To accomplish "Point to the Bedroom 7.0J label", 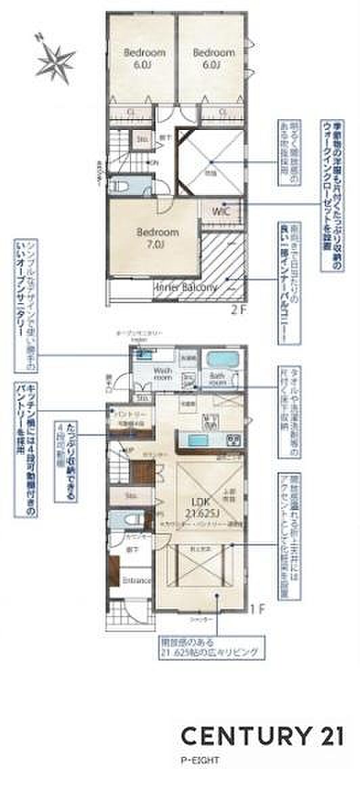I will (x=158, y=237).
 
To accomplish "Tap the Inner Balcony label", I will (x=187, y=287).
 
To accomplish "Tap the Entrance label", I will (x=137, y=581).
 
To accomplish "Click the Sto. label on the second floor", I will (x=143, y=140).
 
